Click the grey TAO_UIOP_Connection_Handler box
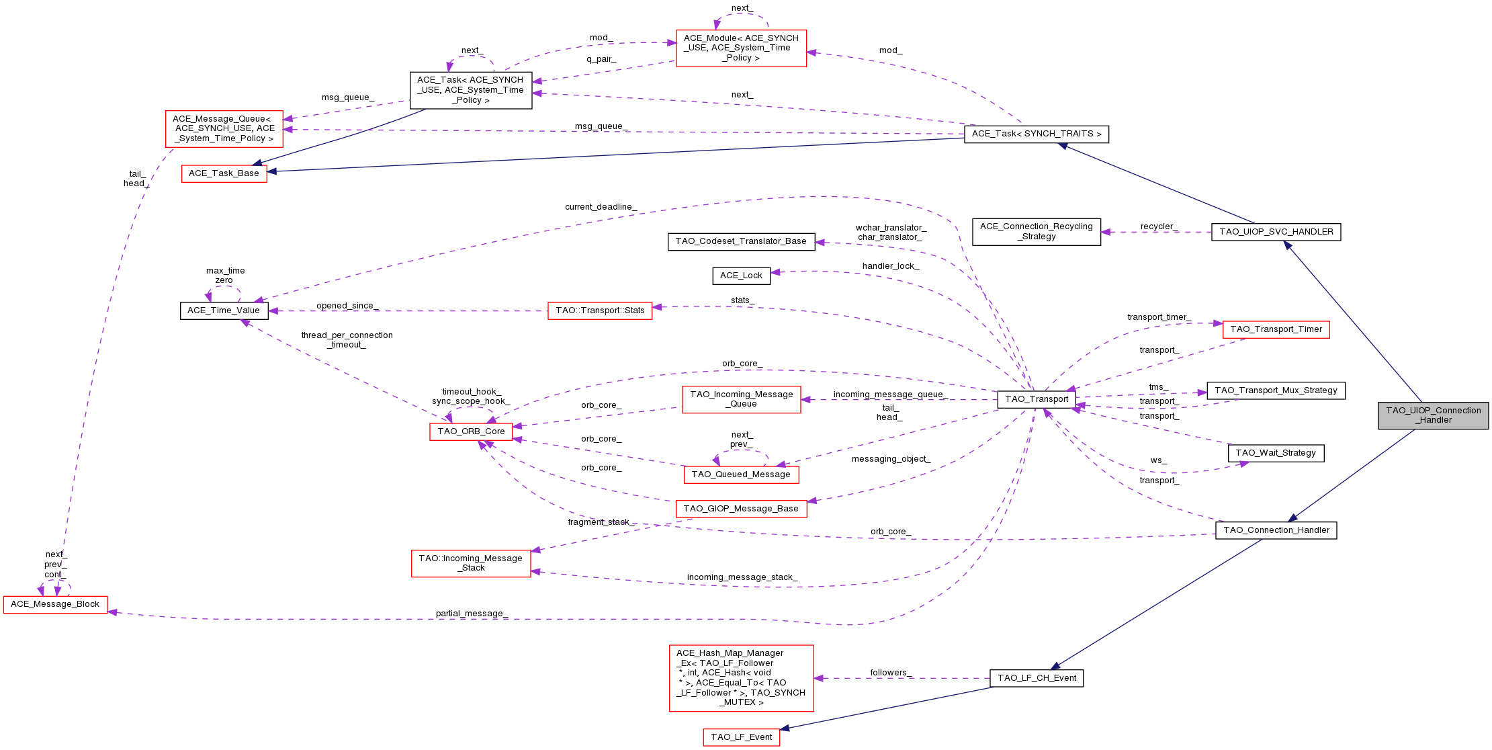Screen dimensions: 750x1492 coord(1433,415)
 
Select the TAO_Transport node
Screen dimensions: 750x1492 coord(1036,399)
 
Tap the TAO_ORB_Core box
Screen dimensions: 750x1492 coord(471,431)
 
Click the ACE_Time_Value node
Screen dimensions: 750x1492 coord(224,310)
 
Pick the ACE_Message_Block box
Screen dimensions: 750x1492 coord(55,604)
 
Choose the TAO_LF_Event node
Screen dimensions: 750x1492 coord(741,737)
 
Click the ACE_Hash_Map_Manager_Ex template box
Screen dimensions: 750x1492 coord(741,678)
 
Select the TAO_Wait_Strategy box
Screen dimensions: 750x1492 coord(1275,453)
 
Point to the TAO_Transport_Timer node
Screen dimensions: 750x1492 coord(1275,329)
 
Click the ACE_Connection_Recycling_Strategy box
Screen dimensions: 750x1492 coord(1036,232)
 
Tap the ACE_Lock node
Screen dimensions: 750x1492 coord(741,276)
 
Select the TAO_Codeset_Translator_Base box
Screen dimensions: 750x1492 coord(741,241)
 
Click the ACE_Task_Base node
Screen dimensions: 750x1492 coord(224,173)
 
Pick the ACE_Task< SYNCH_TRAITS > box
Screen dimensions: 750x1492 coord(1036,134)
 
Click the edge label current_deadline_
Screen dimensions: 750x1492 coord(601,207)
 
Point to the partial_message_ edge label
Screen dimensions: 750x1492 coord(472,614)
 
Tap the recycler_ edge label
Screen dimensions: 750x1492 coord(1159,226)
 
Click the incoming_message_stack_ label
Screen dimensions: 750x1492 coord(742,577)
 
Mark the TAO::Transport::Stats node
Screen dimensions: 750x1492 coord(599,310)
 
